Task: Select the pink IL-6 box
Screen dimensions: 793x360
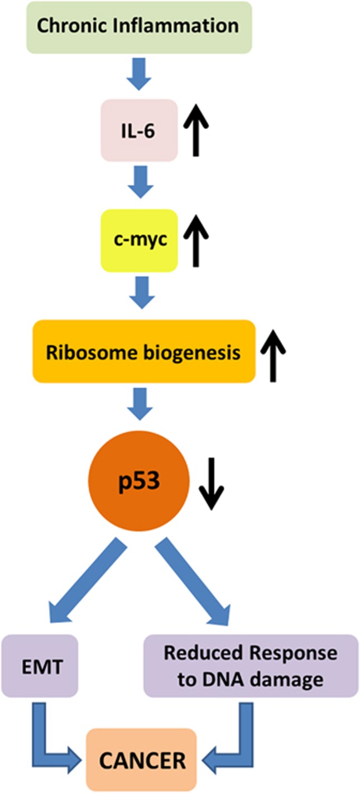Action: pyautogui.click(x=139, y=130)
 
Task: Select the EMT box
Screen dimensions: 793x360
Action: pyautogui.click(x=39, y=665)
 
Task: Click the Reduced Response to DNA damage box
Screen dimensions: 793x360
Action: pyautogui.click(x=250, y=665)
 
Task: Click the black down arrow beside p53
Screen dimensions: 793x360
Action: pyautogui.click(x=212, y=481)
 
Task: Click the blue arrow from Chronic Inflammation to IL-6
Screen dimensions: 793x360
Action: pyautogui.click(x=139, y=74)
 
